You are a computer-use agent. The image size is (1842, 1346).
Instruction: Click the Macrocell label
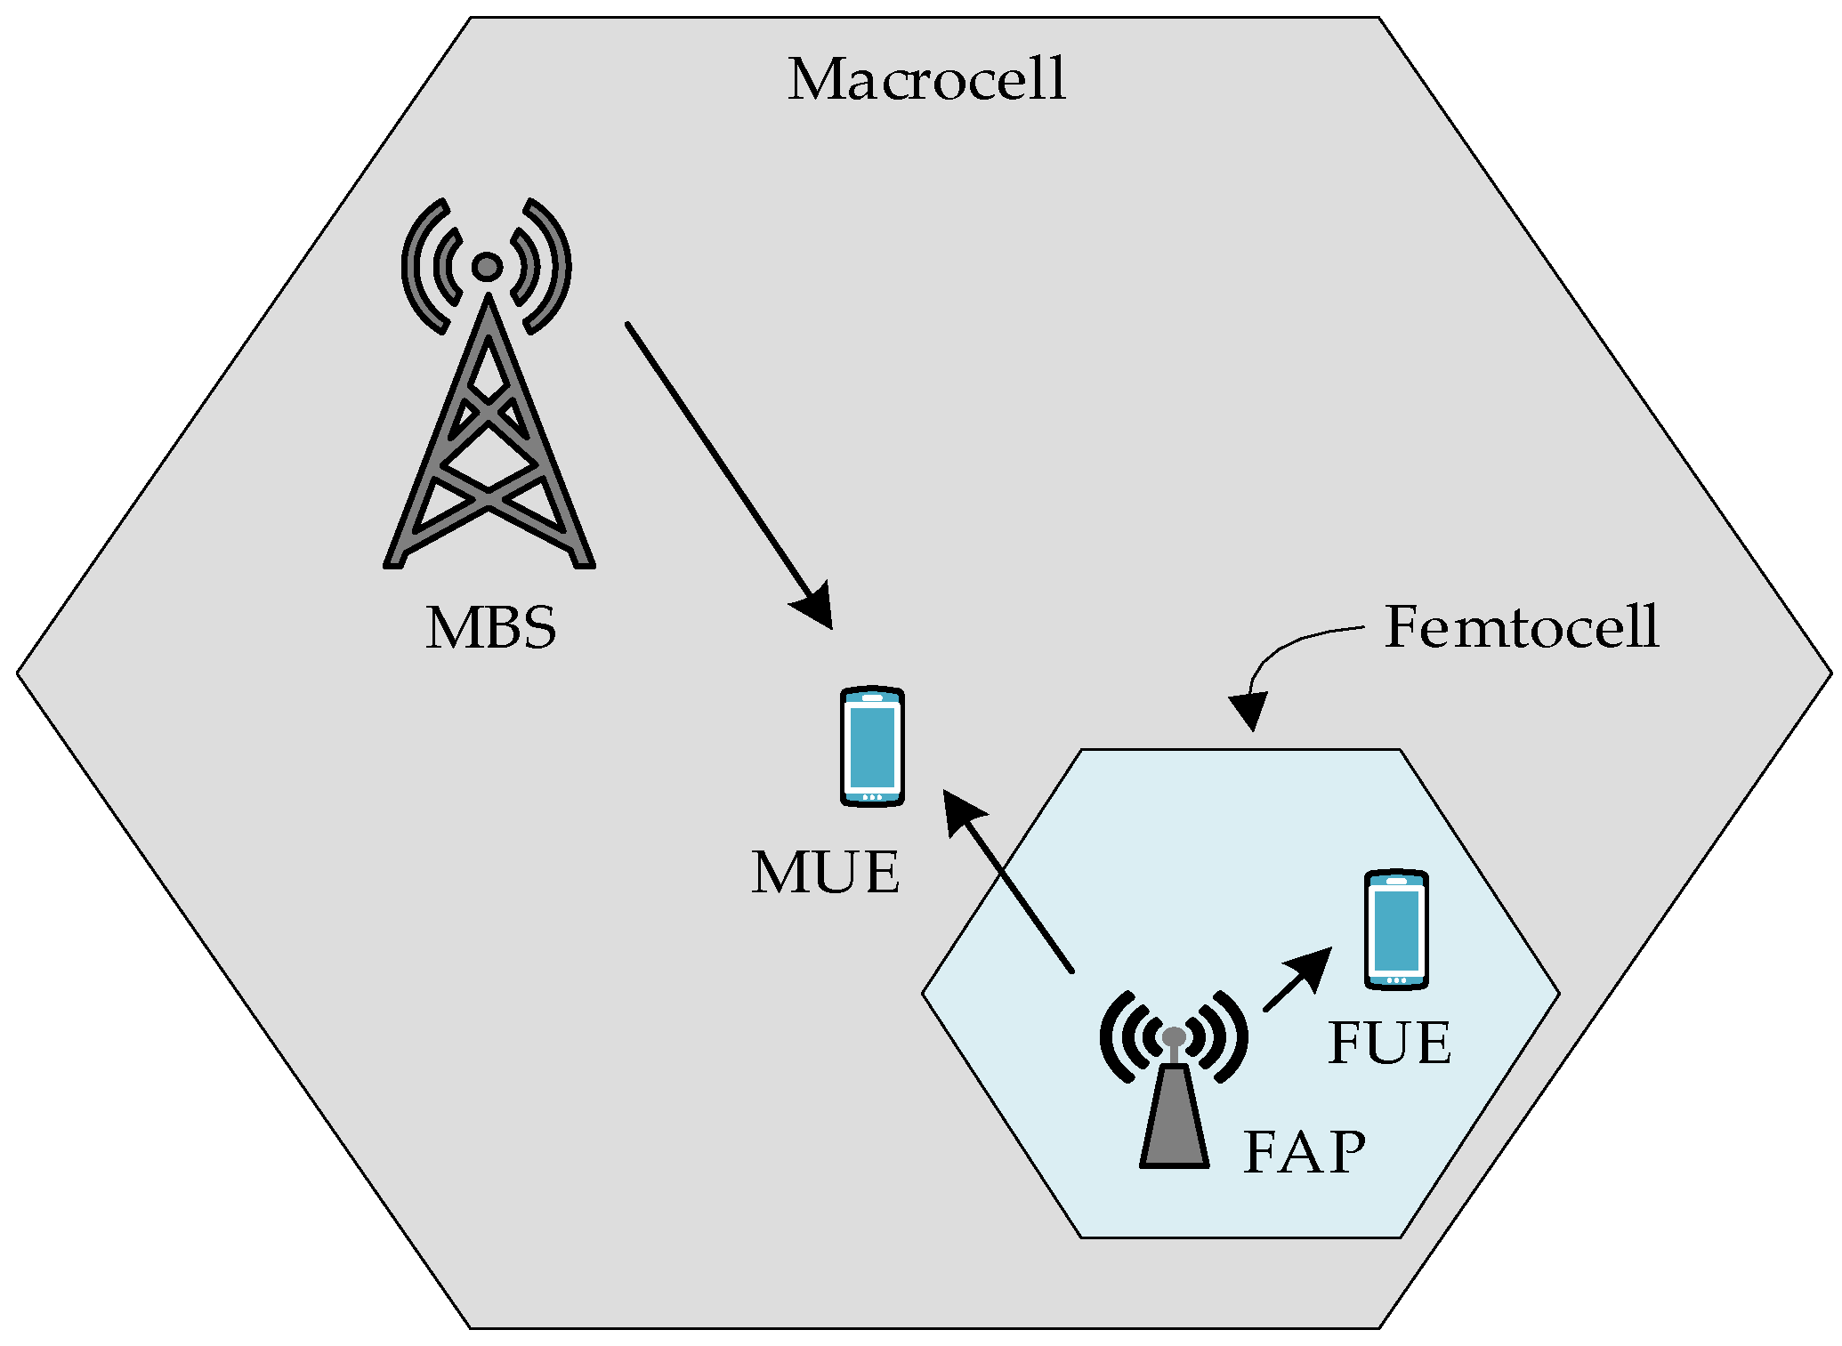(x=926, y=80)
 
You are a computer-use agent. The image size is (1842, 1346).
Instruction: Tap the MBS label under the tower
(x=490, y=628)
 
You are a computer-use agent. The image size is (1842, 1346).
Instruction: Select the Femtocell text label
(x=1522, y=627)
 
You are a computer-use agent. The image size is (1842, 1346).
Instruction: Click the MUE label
(x=825, y=873)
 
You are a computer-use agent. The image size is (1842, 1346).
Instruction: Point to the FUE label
(x=1388, y=1044)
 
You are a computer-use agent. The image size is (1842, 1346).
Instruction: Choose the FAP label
(x=1304, y=1154)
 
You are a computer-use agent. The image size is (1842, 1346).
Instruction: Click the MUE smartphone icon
(x=872, y=746)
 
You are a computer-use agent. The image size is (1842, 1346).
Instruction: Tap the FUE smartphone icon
(x=1396, y=930)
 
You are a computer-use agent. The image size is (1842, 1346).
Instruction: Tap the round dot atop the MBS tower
(x=487, y=266)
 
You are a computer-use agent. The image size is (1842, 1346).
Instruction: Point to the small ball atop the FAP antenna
(x=1174, y=1036)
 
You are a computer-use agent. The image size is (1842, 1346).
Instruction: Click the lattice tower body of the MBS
(x=488, y=445)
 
